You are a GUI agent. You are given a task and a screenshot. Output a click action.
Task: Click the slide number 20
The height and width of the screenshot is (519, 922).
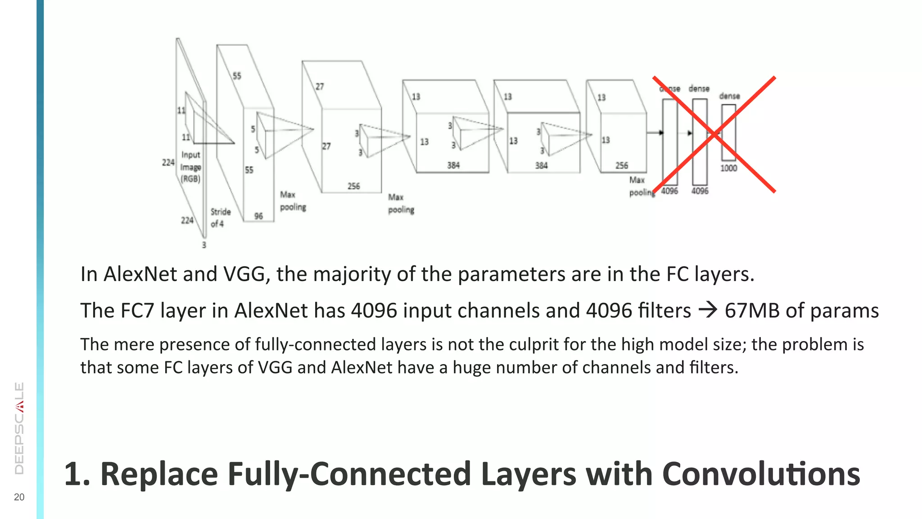19,497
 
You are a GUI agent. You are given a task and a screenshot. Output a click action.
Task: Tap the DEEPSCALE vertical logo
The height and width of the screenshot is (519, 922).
19,428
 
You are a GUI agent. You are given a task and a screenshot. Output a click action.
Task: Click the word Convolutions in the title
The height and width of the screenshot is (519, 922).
761,474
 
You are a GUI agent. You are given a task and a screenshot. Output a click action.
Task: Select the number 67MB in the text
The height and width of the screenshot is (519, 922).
752,310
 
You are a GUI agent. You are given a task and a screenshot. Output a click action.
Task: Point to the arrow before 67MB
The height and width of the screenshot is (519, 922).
708,310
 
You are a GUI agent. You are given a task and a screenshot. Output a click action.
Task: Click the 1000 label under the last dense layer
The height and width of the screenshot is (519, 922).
728,168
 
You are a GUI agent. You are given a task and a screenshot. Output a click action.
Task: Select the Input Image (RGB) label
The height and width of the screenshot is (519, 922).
190,167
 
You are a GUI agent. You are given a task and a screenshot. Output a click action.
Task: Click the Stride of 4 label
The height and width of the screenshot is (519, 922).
220,218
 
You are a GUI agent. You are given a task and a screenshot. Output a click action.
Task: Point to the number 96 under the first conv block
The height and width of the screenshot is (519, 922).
258,216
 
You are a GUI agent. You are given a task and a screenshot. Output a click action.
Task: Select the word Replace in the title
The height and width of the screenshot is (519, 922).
158,474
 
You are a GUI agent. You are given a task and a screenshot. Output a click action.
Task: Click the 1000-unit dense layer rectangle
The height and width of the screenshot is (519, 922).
728,132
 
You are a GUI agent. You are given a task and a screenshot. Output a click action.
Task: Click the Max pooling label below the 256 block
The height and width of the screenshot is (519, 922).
401,204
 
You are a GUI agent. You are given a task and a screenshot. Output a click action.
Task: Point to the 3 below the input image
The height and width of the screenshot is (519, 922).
204,245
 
